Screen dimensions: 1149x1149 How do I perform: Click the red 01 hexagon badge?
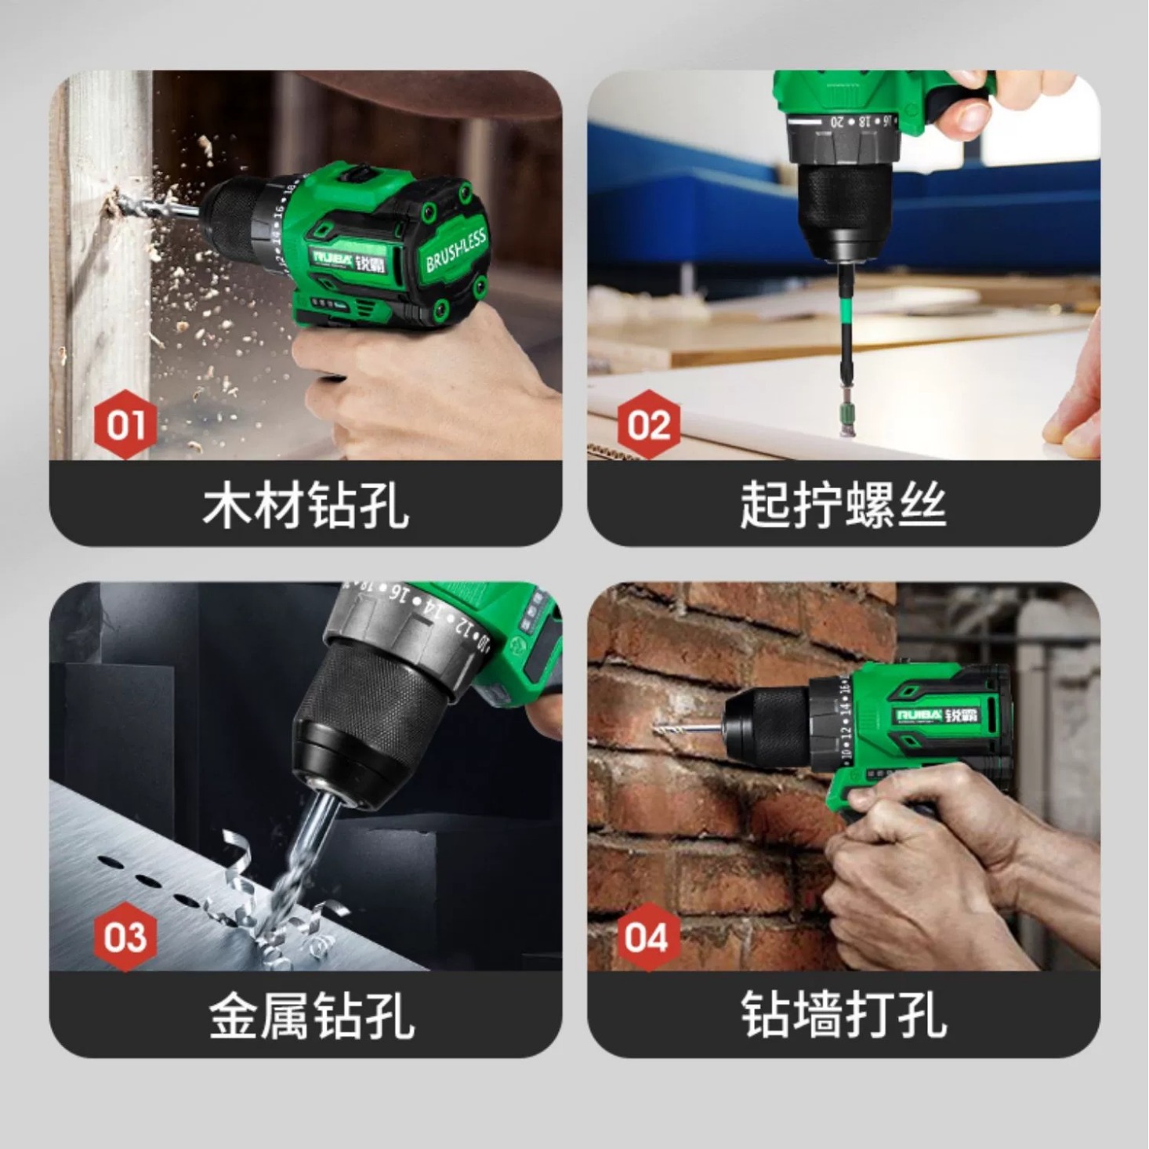(125, 425)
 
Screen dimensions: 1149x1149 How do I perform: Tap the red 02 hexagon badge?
(648, 425)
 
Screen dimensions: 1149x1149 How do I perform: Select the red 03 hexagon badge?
(125, 937)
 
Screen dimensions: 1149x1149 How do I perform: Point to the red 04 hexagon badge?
(647, 937)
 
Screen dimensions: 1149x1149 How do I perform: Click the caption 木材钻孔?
(306, 505)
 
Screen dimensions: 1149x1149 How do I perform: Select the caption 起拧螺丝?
(843, 505)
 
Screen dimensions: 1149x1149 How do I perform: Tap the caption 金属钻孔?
(310, 1016)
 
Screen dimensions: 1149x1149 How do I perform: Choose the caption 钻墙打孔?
(843, 1016)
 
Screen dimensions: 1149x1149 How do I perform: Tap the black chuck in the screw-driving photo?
(843, 204)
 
